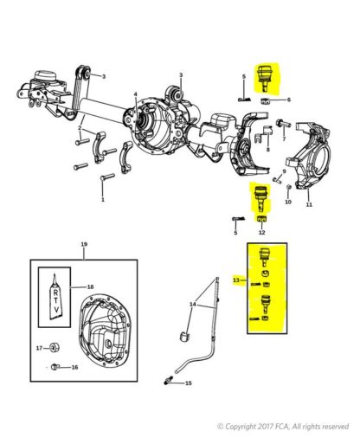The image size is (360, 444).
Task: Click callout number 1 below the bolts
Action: click(x=103, y=199)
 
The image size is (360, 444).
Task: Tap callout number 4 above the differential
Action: click(x=136, y=94)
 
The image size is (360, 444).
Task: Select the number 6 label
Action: click(x=288, y=100)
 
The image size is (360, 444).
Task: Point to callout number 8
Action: click(x=268, y=150)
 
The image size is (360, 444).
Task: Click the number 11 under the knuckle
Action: click(x=309, y=204)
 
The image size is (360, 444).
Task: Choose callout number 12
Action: click(x=261, y=232)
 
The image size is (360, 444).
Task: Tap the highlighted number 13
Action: click(x=236, y=280)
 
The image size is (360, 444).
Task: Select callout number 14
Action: click(x=193, y=305)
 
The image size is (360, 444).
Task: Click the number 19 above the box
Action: click(x=84, y=244)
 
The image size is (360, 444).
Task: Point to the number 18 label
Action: click(x=90, y=286)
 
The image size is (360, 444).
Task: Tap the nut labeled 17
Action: click(x=55, y=348)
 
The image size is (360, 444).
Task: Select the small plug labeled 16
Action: click(x=55, y=367)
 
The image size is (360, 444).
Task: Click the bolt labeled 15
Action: click(x=168, y=381)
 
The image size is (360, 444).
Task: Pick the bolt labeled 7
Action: click(x=283, y=124)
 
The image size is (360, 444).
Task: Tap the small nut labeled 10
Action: click(x=289, y=188)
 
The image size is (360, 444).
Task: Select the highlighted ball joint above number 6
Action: click(x=263, y=79)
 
